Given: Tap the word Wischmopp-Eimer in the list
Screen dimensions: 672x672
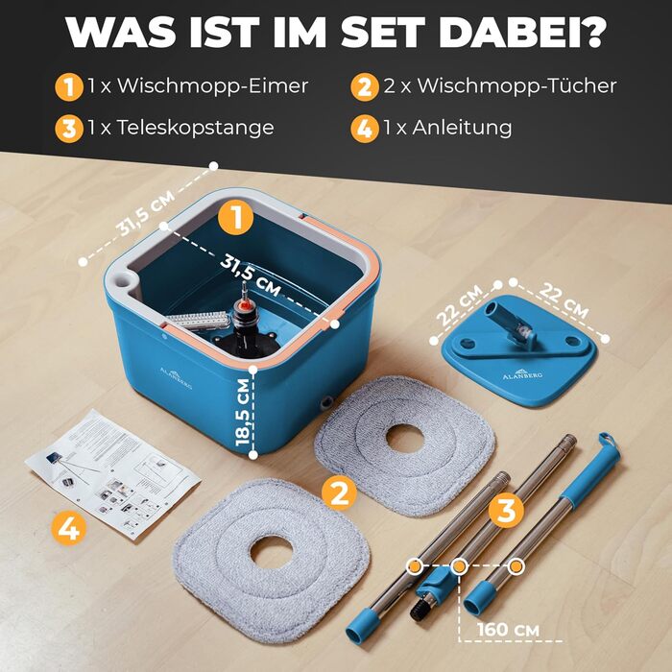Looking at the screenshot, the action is pyautogui.click(x=212, y=85).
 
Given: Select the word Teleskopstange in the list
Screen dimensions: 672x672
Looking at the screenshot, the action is pyautogui.click(x=196, y=128).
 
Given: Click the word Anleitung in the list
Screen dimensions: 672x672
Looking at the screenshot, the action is pyautogui.click(x=462, y=128).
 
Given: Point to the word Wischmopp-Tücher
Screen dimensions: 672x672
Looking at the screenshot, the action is pyautogui.click(x=516, y=85).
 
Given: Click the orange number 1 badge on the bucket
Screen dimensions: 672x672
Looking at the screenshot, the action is pyautogui.click(x=236, y=218).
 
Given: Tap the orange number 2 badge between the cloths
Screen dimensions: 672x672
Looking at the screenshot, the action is pyautogui.click(x=340, y=492).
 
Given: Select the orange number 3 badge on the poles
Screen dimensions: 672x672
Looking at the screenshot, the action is pyautogui.click(x=507, y=510).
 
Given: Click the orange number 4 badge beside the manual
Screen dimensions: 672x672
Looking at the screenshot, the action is pyautogui.click(x=68, y=528).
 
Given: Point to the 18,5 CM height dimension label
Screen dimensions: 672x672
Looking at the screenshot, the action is pyautogui.click(x=243, y=412).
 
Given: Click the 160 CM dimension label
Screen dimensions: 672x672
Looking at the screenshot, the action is pyautogui.click(x=508, y=630).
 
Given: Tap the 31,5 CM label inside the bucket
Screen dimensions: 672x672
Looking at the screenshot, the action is pyautogui.click(x=251, y=275).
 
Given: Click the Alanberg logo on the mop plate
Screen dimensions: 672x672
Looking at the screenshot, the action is pyautogui.click(x=522, y=373).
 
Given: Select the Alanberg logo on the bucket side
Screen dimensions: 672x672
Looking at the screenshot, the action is pyautogui.click(x=176, y=377).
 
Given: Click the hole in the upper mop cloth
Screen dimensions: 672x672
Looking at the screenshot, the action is pyautogui.click(x=405, y=439).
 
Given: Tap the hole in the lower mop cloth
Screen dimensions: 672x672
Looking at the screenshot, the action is pyautogui.click(x=272, y=552).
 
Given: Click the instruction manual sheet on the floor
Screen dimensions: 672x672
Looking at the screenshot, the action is pyautogui.click(x=112, y=472).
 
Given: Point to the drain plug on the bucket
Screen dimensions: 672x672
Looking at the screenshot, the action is pyautogui.click(x=326, y=401).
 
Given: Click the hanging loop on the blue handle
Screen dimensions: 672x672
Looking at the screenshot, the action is pyautogui.click(x=605, y=439).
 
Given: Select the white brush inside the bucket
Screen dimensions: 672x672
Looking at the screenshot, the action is pyautogui.click(x=199, y=321).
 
